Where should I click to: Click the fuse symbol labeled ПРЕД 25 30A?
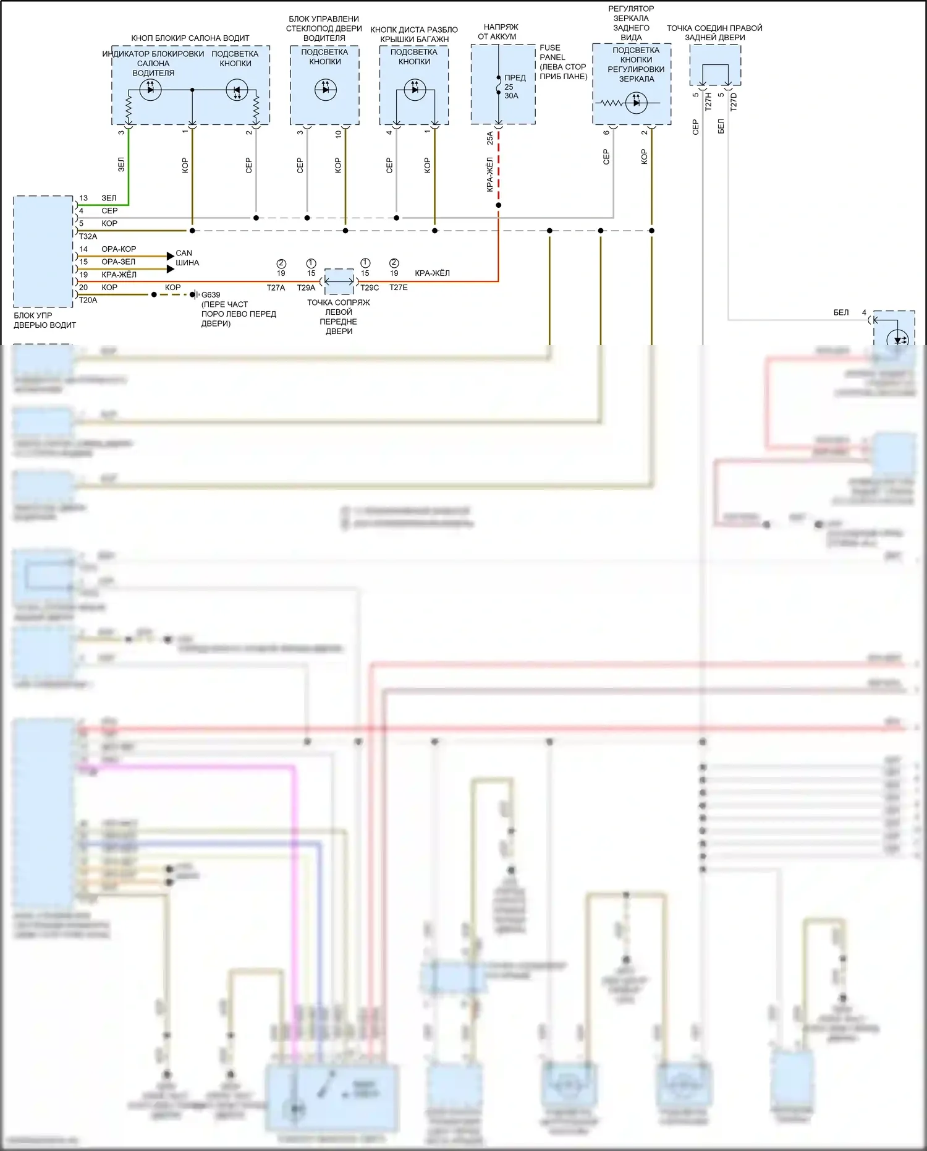pos(499,86)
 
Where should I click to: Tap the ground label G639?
pos(211,295)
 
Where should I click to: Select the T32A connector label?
pos(88,236)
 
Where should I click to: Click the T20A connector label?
pos(88,300)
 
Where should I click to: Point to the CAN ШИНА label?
pos(187,258)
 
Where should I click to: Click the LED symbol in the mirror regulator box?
pos(636,103)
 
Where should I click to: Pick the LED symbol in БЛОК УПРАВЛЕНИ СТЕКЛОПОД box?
pos(325,90)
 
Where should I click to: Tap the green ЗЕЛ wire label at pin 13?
pos(109,198)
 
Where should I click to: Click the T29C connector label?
pos(370,288)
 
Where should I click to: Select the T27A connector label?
pos(276,288)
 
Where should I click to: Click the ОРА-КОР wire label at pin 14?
pos(119,249)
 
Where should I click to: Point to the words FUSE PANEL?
pos(551,53)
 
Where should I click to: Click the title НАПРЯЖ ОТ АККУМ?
pos(499,32)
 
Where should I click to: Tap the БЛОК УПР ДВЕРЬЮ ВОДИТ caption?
pos(44,320)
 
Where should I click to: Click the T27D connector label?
pos(734,101)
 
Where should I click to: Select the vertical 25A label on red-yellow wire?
pos(490,138)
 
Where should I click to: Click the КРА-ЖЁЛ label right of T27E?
pos(432,273)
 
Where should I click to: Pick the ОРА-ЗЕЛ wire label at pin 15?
pos(118,262)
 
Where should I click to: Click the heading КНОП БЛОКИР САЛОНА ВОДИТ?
pos(190,38)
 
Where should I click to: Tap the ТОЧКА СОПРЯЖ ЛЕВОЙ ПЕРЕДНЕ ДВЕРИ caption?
pos(339,317)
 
